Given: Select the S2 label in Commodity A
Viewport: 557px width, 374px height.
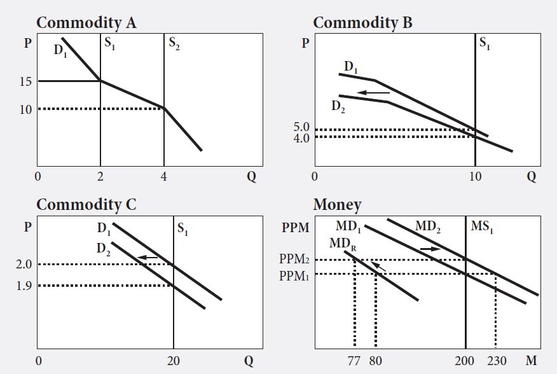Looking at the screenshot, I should [174, 44].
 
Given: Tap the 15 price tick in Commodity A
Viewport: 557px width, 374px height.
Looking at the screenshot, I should [26, 81].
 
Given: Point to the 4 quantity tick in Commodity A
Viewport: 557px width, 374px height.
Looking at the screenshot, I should [164, 177].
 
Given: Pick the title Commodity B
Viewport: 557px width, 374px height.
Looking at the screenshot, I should [362, 23].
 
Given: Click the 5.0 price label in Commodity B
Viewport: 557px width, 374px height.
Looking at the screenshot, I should [301, 127].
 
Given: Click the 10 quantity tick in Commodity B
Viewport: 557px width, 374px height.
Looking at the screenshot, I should [475, 177].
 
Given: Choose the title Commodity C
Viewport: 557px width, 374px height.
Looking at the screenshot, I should [86, 205].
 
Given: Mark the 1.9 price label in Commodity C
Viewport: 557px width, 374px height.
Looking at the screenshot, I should [24, 286].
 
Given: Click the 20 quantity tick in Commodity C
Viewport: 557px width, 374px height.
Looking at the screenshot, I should [173, 361].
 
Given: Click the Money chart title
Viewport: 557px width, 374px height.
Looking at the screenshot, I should [337, 205].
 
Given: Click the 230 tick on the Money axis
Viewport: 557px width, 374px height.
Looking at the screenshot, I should [497, 361].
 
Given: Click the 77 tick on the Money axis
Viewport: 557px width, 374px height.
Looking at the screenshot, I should [354, 361].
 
